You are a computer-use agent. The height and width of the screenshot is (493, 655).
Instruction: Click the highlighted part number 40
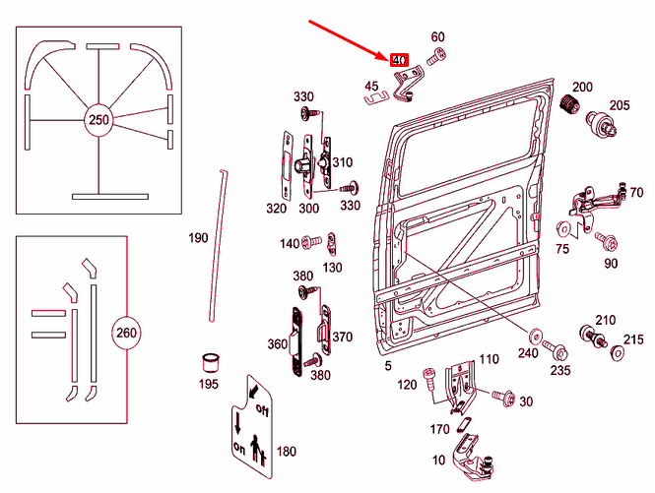point(399,61)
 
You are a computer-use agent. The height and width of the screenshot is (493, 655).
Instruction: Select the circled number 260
point(126,332)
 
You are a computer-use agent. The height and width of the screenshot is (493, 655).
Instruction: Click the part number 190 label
point(199,238)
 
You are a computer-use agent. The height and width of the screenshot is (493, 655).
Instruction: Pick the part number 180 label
point(286,451)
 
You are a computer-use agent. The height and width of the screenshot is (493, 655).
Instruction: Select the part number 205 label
point(619,106)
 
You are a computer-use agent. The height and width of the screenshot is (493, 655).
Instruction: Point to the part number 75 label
point(562,248)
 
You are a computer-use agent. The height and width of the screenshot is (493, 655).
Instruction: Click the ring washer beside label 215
point(618,351)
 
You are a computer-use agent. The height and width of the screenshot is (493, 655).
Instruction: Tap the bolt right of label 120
point(429,375)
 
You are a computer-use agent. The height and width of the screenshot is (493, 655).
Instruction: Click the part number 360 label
point(277,343)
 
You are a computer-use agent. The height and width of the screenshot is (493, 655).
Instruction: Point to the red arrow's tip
point(387,56)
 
